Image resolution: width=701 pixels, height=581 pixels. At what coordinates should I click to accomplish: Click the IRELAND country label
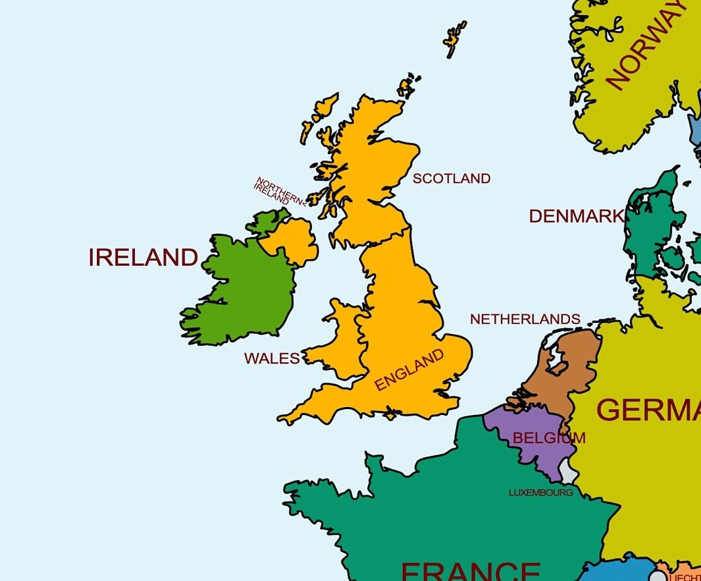143,257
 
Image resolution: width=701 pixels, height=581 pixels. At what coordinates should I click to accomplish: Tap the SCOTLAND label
452,179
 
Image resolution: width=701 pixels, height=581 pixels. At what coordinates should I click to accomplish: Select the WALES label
272,358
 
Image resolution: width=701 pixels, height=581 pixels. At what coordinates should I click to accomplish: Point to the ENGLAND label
409,370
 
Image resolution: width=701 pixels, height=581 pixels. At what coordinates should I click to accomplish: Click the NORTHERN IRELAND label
279,192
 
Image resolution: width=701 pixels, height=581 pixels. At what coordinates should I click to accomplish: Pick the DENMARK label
577,216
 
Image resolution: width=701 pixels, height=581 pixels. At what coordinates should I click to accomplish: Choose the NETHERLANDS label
525,319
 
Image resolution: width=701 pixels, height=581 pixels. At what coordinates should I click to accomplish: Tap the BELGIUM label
548,437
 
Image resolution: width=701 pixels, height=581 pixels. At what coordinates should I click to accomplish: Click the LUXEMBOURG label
540,492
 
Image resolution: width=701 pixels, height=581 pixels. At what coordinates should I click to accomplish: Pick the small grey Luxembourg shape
568,470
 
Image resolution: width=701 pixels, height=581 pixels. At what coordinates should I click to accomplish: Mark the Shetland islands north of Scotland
454,40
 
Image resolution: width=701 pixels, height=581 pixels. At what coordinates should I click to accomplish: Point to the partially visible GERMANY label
648,410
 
